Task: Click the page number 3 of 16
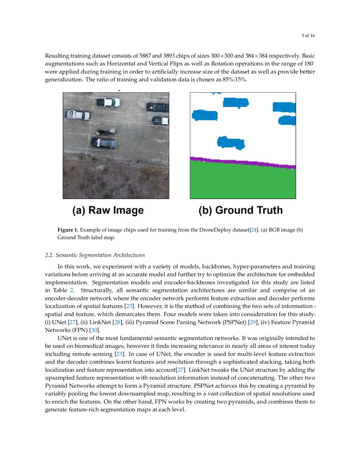308,35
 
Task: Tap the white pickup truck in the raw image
108,102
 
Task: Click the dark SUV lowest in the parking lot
104,143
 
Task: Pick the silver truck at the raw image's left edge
78,114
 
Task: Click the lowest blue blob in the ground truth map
230,142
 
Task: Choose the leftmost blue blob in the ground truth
205,115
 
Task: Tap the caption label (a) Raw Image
108,211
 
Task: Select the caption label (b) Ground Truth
240,211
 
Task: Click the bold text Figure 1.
68,230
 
